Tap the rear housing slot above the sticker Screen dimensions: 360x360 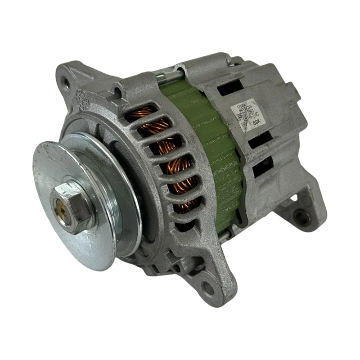point(230,89)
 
